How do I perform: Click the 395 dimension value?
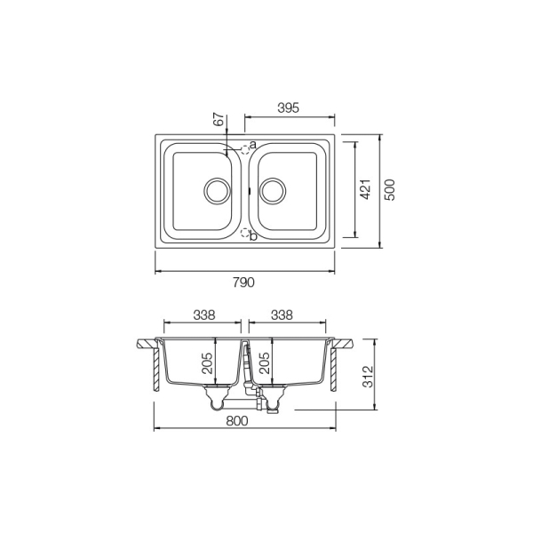click(288, 107)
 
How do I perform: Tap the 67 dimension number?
click(219, 119)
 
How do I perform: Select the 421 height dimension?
click(365, 189)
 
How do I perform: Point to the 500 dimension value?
click(390, 190)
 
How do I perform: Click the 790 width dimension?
click(243, 282)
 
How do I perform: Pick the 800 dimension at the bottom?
click(237, 421)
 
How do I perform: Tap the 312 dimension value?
click(368, 377)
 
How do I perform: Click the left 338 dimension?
click(204, 315)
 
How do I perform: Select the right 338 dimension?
click(282, 315)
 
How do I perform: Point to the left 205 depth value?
click(207, 363)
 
